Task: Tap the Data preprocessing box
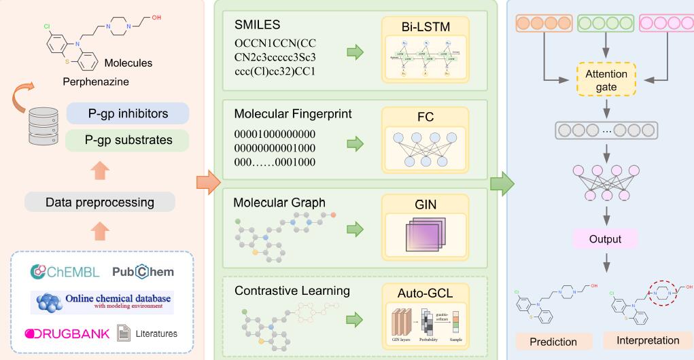[x=100, y=202]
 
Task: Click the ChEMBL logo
[x=65, y=272]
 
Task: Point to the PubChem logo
[x=143, y=272]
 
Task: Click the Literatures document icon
[x=124, y=334]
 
